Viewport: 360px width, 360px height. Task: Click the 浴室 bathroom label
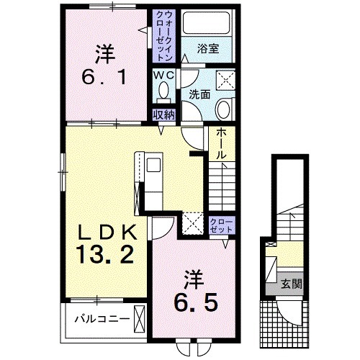tap(208, 49)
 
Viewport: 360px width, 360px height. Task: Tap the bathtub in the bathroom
tap(206, 22)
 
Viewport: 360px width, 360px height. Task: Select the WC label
tap(164, 76)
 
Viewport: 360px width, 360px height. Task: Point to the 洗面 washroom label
tap(199, 94)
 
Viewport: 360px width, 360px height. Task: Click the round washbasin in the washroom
tap(223, 109)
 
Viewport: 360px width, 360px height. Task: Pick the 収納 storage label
tap(164, 115)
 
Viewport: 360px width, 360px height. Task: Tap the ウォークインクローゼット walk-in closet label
tap(164, 36)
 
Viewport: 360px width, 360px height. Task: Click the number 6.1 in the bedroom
tap(104, 77)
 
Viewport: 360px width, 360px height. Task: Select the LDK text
tap(107, 232)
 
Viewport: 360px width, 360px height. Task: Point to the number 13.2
tap(104, 255)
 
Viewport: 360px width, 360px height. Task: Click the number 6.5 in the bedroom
tap(196, 301)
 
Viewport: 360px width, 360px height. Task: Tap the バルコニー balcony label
tap(102, 319)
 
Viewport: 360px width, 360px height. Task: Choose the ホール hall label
tap(221, 143)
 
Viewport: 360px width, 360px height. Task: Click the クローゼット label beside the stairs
tap(221, 225)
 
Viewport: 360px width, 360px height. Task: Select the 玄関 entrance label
tap(292, 284)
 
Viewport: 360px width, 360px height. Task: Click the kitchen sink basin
tap(153, 165)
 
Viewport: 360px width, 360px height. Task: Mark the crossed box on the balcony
tap(140, 319)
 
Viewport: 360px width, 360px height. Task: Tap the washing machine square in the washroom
tap(226, 80)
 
